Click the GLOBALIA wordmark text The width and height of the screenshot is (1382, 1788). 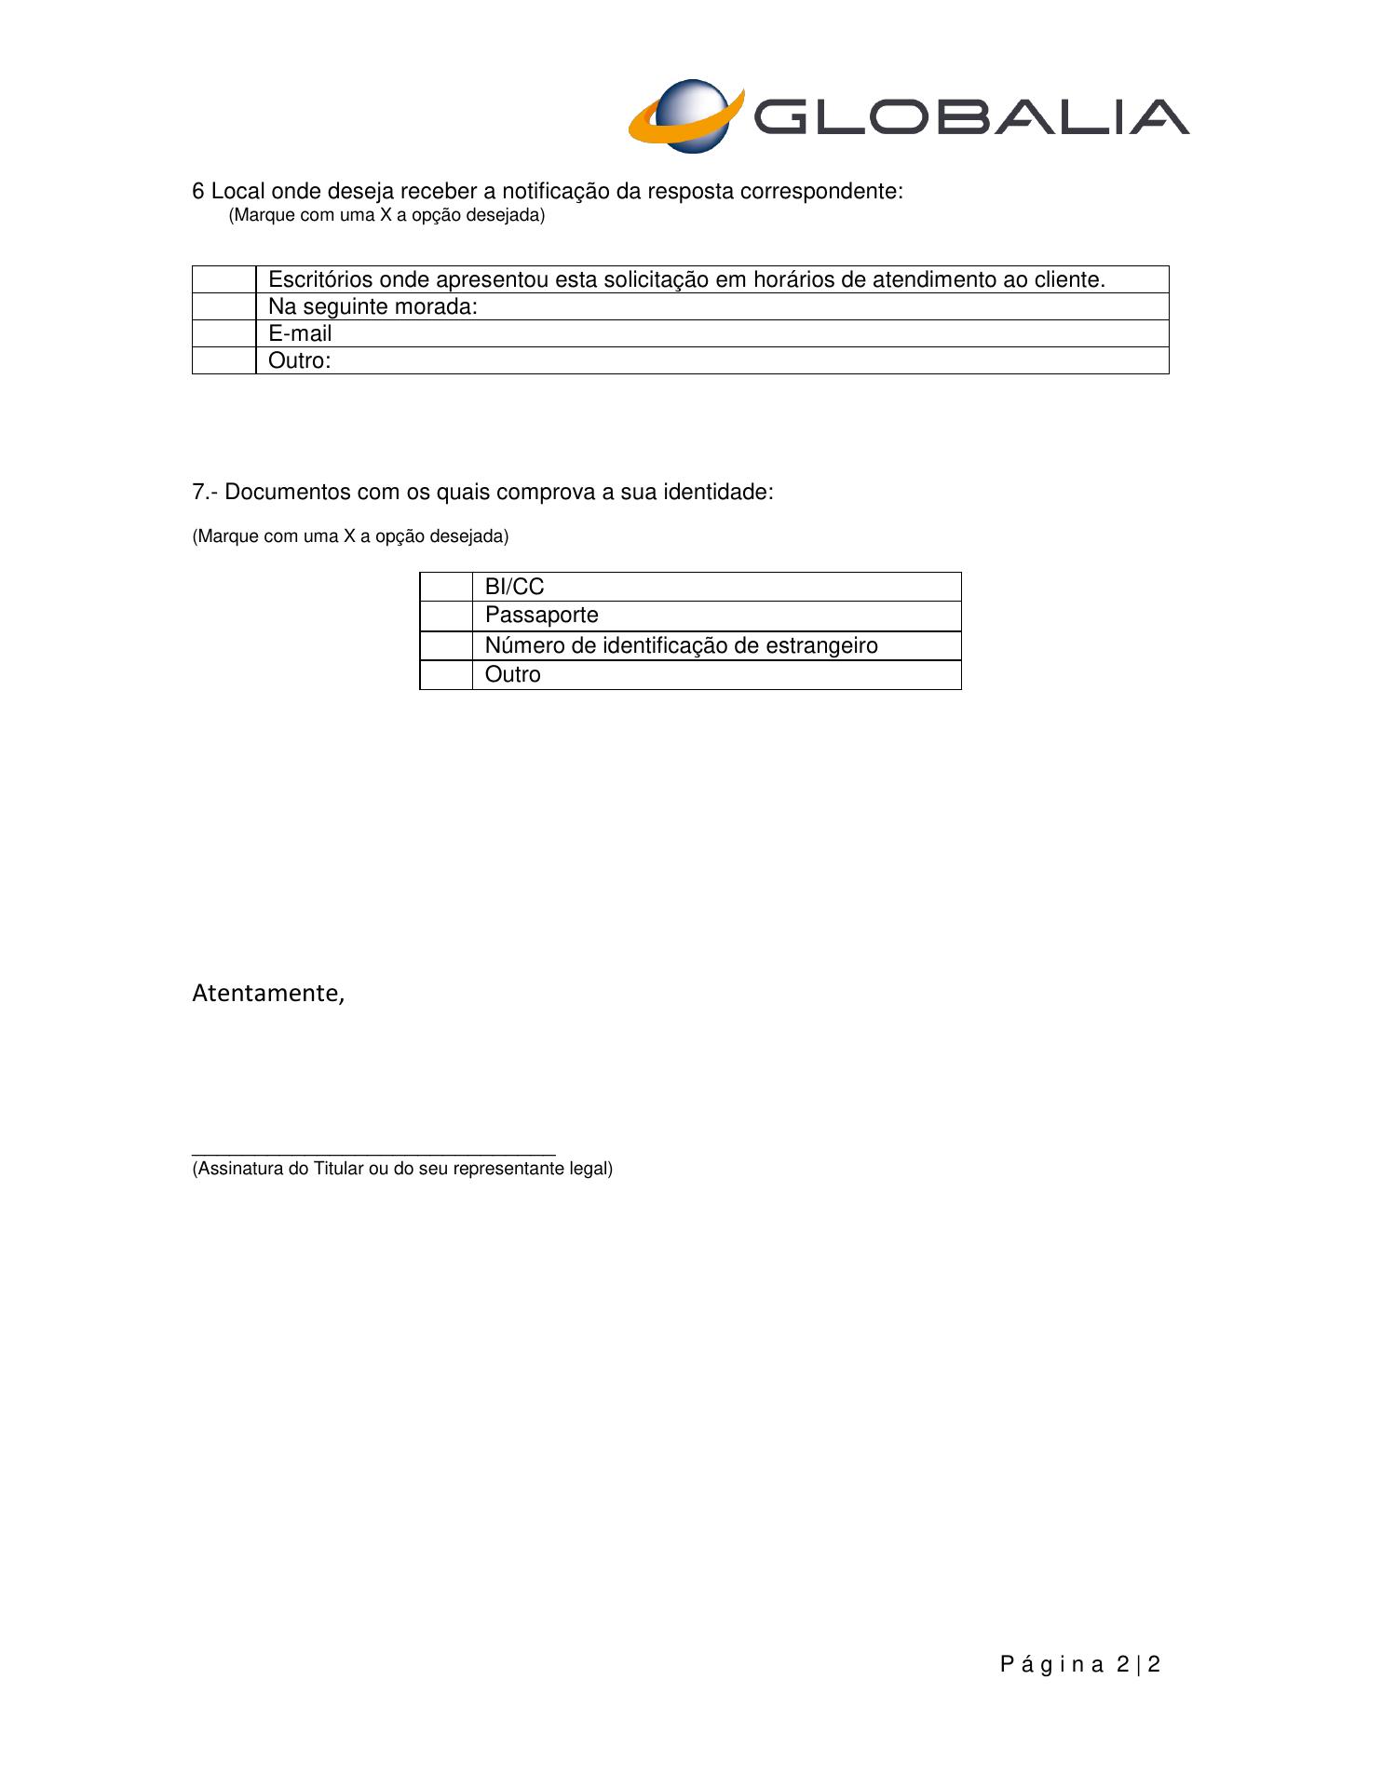click(969, 117)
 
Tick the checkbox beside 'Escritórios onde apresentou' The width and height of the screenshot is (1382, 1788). click(224, 279)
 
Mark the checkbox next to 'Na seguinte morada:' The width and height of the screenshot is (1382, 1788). click(224, 306)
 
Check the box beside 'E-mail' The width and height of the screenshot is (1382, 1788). click(224, 333)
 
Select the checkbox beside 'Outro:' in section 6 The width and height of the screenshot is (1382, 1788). click(224, 360)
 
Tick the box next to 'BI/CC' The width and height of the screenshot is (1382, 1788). click(446, 587)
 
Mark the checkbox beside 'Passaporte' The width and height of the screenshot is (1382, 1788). click(446, 616)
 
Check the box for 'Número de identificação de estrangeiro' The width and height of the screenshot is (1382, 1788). click(446, 645)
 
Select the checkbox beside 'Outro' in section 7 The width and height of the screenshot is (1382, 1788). click(446, 674)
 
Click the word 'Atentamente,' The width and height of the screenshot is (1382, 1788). click(268, 994)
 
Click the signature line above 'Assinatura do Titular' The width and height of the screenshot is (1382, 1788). click(373, 1154)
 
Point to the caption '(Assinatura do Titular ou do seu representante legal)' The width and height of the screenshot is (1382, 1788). click(402, 1169)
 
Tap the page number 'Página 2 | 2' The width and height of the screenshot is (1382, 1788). click(1080, 1664)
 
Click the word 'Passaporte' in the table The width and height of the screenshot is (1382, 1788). click(541, 616)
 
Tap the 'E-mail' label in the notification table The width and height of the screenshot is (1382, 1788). click(300, 333)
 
